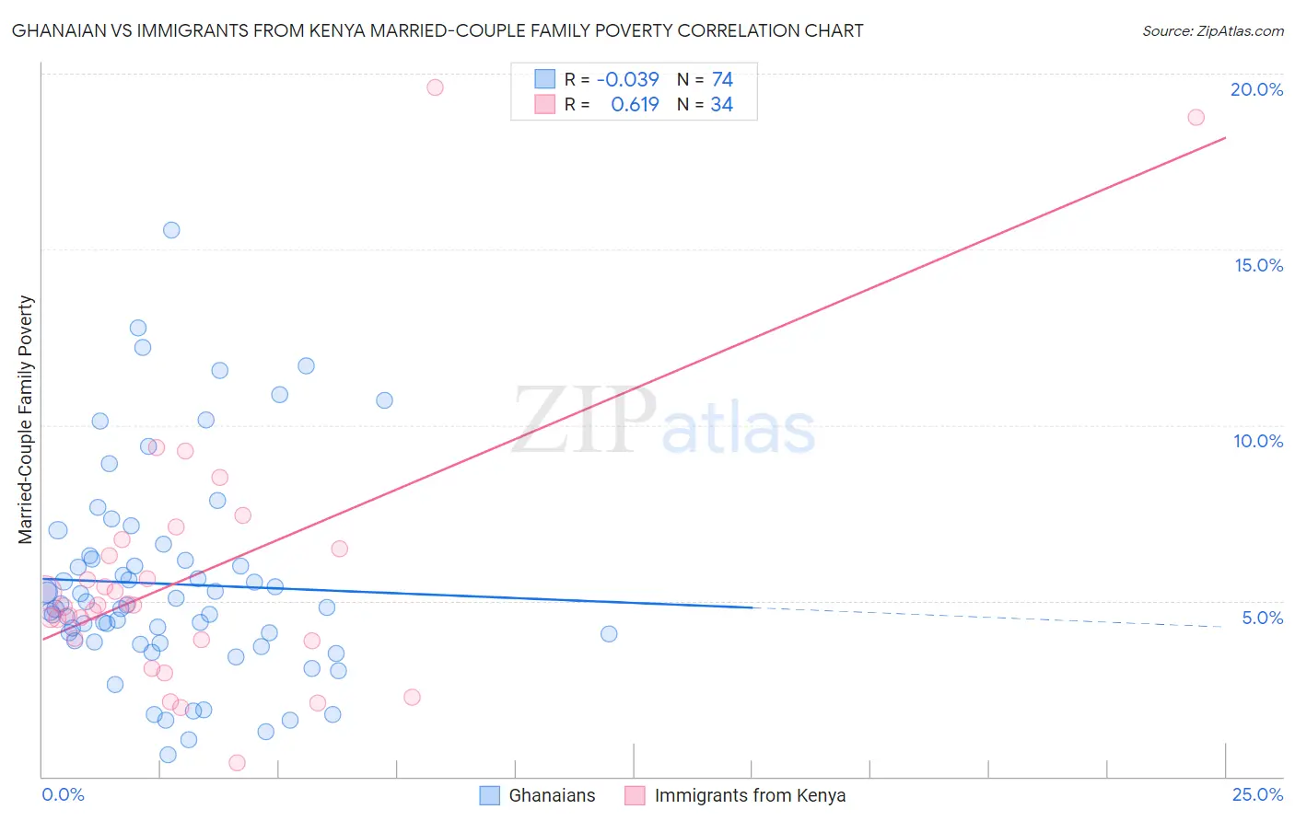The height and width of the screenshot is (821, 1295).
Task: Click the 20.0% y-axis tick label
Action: pos(1256,89)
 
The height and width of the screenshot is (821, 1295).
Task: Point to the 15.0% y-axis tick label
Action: pos(1258,265)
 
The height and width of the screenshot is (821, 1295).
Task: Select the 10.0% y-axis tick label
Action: pos(1258,441)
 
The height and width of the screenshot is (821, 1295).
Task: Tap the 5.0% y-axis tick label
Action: pos(1262,618)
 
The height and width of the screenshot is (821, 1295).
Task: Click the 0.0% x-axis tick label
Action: pos(63,794)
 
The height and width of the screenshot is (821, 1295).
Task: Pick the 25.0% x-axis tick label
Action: pos(1257,794)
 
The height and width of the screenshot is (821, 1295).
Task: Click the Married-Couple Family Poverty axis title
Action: pos(26,420)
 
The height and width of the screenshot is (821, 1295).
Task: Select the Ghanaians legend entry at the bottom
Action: pos(538,795)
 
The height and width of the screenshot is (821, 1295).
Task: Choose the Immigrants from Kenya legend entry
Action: pos(735,795)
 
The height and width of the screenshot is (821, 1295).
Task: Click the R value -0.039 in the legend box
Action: pos(627,79)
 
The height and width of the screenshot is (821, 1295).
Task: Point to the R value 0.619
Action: pos(635,105)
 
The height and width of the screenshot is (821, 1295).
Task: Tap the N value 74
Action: pos(722,79)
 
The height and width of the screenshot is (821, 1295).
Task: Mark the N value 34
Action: pos(722,105)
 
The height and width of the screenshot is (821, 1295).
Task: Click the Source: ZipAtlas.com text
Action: pos(1212,31)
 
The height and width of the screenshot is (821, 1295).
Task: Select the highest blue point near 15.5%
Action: pos(171,230)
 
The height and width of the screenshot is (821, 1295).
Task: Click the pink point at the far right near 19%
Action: pos(1196,117)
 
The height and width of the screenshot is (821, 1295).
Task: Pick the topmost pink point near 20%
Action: pos(435,87)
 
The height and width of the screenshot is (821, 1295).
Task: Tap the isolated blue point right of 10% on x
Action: pos(609,633)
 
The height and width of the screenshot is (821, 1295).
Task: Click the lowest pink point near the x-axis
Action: pos(237,762)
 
